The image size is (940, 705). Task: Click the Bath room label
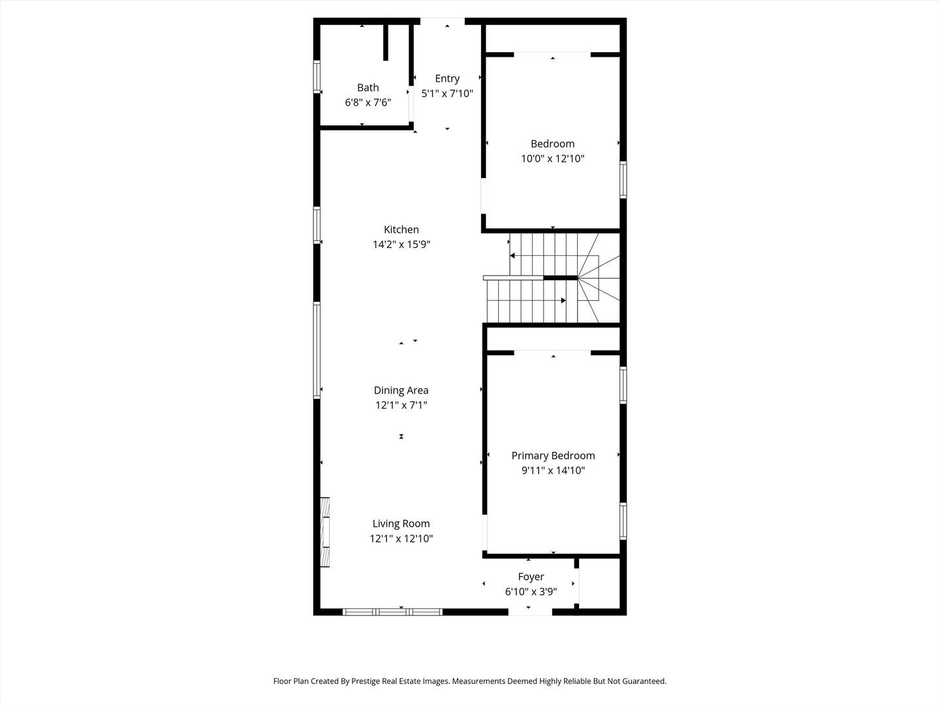(368, 87)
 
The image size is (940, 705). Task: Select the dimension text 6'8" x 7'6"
(368, 102)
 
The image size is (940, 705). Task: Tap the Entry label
(447, 78)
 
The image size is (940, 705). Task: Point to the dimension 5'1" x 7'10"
(447, 93)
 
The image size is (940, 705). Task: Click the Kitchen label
(401, 229)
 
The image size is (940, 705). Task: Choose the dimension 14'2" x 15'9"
(401, 245)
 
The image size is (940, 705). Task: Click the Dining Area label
(401, 390)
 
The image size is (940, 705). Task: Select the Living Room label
(401, 524)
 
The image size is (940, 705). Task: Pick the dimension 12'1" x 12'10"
(401, 539)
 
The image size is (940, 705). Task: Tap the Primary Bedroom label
(553, 456)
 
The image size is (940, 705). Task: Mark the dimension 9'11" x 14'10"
(553, 471)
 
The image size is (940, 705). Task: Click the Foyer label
(531, 576)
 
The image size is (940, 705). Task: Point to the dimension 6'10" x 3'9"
(531, 592)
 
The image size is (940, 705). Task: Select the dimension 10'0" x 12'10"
(552, 159)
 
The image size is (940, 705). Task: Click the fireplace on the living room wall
(324, 533)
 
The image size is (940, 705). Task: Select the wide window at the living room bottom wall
(392, 612)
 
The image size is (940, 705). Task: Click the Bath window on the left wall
(317, 77)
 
